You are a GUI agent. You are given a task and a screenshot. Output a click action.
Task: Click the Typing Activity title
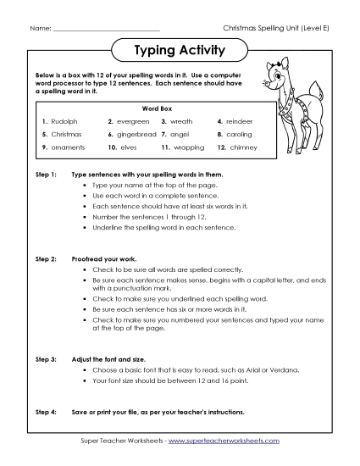point(180,51)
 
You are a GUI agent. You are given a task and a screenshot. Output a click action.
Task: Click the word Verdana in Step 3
point(275,371)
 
